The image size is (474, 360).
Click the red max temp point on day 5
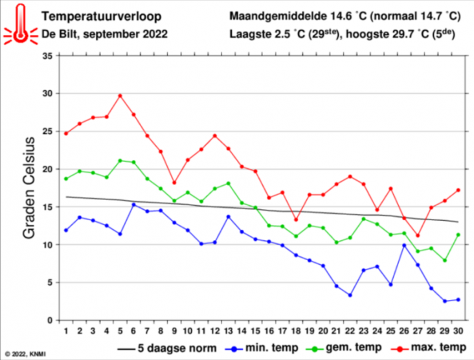click(120, 96)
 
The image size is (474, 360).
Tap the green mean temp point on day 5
click(120, 161)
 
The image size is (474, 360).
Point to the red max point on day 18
click(296, 219)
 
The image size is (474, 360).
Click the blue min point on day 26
click(404, 245)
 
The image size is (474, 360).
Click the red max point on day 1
click(66, 133)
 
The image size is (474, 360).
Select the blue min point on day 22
click(350, 295)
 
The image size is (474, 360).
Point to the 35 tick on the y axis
click(46, 56)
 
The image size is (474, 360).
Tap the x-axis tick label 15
click(255, 330)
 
